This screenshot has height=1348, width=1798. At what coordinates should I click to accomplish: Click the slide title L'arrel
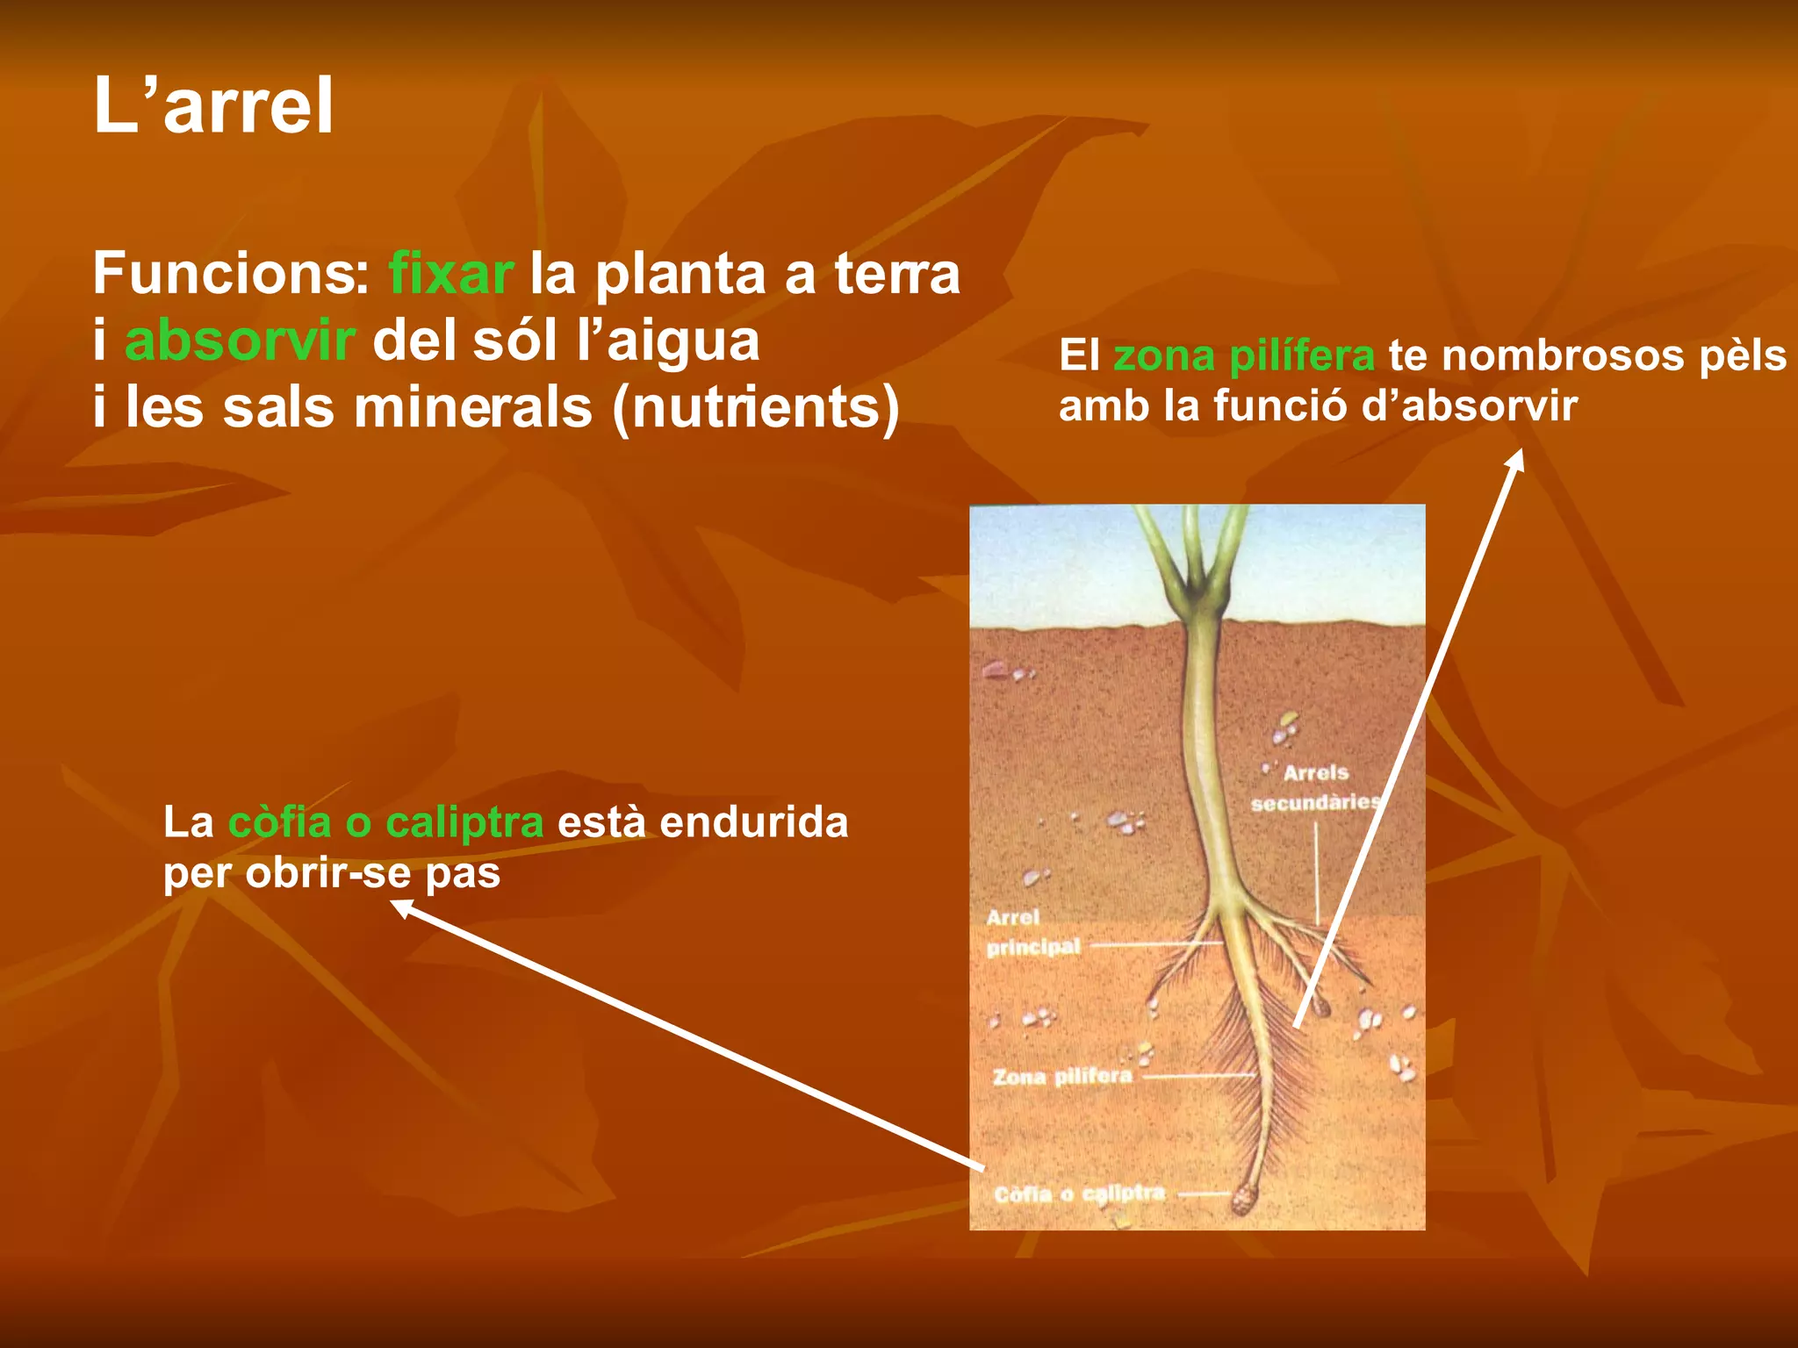(x=213, y=105)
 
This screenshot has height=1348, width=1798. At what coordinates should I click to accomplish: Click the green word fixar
(x=450, y=274)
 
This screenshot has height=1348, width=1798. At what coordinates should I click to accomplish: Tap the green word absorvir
(x=240, y=341)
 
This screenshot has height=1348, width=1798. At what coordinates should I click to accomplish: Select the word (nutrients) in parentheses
(x=756, y=408)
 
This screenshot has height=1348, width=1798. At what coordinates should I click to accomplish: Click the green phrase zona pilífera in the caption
(x=1243, y=356)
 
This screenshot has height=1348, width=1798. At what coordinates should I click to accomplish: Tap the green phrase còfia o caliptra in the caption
(x=385, y=823)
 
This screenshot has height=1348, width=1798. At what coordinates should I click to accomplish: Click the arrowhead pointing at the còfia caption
(x=399, y=907)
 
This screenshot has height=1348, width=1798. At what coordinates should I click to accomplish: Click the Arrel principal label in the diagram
(x=1032, y=932)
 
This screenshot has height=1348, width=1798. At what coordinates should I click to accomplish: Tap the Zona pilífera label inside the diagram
(x=1062, y=1076)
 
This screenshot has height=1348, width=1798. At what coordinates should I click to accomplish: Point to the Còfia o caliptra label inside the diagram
(x=1080, y=1194)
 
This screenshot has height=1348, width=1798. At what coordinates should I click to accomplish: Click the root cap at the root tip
(x=1244, y=1198)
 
